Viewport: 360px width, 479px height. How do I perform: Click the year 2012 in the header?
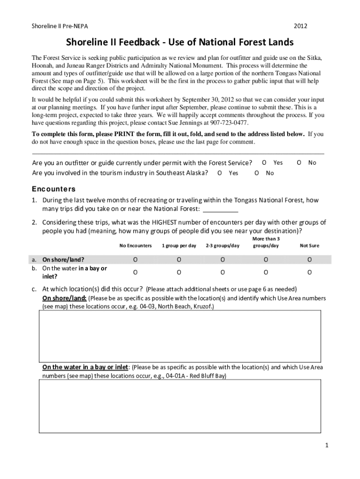pyautogui.click(x=301, y=26)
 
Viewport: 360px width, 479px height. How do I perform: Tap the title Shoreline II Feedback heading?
pyautogui.click(x=180, y=43)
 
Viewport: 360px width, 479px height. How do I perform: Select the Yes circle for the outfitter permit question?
pyautogui.click(x=264, y=162)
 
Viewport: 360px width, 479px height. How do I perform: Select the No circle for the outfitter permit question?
pyautogui.click(x=299, y=162)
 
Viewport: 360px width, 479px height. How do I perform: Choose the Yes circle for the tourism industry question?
pyautogui.click(x=220, y=173)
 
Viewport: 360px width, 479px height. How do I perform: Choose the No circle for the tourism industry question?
pyautogui.click(x=257, y=173)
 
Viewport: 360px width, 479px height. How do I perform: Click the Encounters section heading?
pyautogui.click(x=53, y=189)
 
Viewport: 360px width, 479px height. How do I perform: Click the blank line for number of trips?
pyautogui.click(x=218, y=209)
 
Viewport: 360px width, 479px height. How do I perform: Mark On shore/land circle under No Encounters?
pyautogui.click(x=135, y=260)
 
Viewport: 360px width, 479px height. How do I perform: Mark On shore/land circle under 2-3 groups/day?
pyautogui.click(x=223, y=260)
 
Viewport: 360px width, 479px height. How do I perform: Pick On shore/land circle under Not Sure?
pyautogui.click(x=309, y=260)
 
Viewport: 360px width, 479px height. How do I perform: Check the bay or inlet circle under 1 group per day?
pyautogui.click(x=179, y=272)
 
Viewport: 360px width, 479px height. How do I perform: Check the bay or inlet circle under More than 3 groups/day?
pyautogui.click(x=266, y=272)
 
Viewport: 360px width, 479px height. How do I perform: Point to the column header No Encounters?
pyautogui.click(x=136, y=246)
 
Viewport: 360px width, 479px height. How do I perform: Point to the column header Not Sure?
pyautogui.click(x=309, y=246)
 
